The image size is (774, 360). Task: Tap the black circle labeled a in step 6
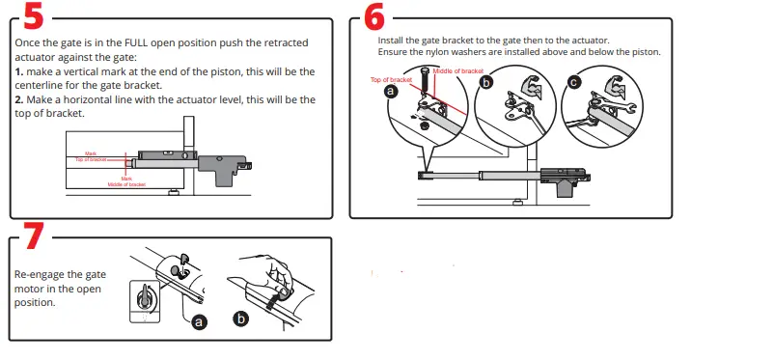(x=391, y=91)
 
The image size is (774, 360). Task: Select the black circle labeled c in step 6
(x=575, y=83)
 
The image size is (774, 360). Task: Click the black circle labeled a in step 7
(x=200, y=322)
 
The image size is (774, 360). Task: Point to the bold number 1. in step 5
(x=19, y=72)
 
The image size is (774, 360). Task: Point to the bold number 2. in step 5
(x=19, y=99)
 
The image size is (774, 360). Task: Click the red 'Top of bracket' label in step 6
(x=391, y=79)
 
